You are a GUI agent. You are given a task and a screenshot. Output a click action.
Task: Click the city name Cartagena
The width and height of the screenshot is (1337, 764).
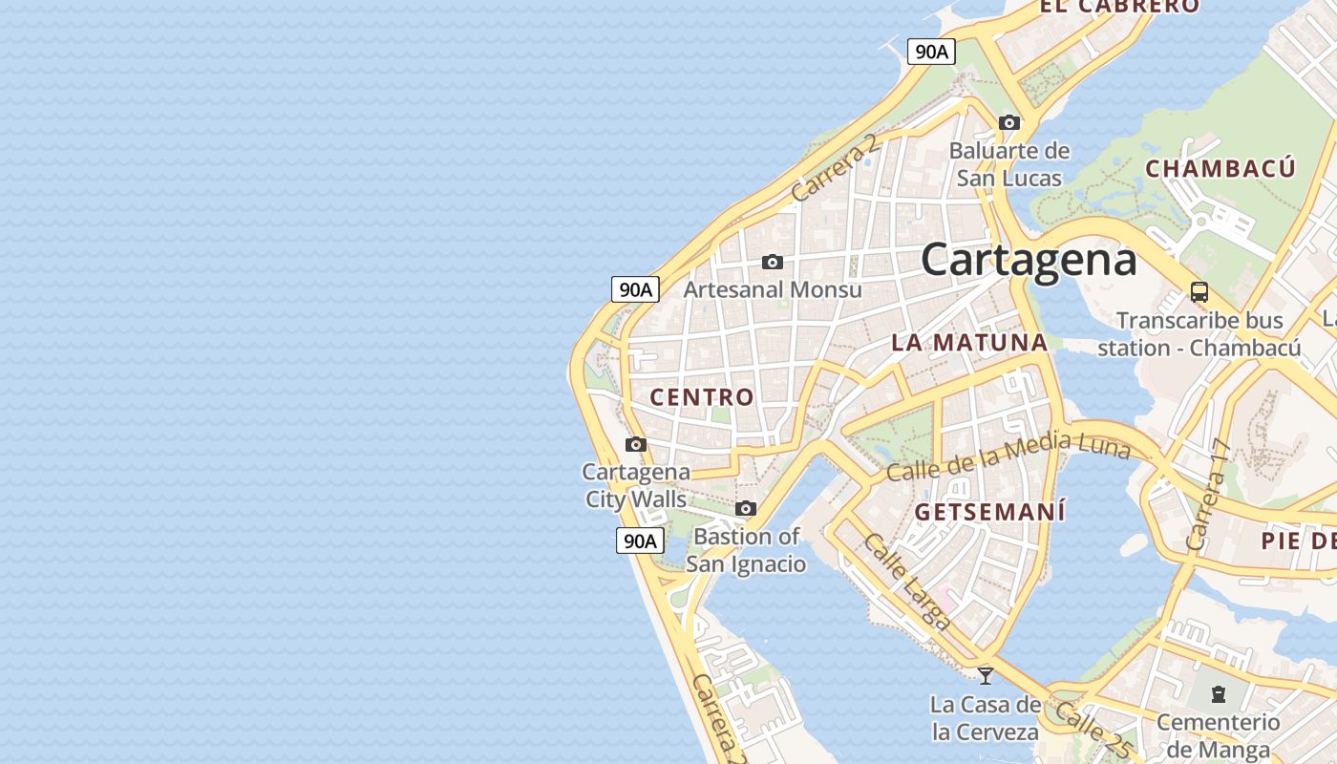[x=1029, y=260]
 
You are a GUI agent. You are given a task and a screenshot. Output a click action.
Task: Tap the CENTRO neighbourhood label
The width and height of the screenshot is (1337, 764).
[x=702, y=397]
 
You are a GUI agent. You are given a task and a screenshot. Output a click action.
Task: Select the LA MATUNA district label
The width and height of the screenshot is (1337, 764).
[x=969, y=343]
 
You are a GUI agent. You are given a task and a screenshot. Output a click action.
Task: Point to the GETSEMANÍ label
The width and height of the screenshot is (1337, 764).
[x=989, y=512]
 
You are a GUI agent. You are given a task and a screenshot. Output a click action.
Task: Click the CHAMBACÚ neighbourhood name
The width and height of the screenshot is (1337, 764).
[x=1220, y=169]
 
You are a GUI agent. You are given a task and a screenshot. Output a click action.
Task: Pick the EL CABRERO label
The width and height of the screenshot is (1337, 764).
[x=1119, y=7]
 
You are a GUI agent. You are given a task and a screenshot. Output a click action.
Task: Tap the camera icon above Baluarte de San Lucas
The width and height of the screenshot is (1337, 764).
[x=1009, y=122]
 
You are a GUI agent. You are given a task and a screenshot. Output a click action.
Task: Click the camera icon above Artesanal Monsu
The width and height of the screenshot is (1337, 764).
[x=773, y=262]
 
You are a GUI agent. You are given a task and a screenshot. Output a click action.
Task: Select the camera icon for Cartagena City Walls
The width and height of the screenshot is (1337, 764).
[x=636, y=444]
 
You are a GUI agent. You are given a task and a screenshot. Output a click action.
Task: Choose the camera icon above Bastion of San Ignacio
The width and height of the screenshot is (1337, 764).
[x=746, y=508]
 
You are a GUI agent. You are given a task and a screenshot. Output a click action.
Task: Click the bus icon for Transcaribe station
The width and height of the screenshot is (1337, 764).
[x=1199, y=292]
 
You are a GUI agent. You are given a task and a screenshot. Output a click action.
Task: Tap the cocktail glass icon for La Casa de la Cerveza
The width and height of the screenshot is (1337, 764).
[x=986, y=675]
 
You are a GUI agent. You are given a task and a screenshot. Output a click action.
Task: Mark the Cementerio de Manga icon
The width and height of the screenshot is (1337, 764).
[x=1219, y=693]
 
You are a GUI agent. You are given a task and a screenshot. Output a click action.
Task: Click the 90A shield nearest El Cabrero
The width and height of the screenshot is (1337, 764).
[x=931, y=52]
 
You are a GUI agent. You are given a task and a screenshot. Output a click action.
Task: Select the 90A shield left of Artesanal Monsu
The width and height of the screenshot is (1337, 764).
[x=636, y=289]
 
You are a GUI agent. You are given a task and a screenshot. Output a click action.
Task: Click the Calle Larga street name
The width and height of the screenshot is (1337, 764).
[x=907, y=582]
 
